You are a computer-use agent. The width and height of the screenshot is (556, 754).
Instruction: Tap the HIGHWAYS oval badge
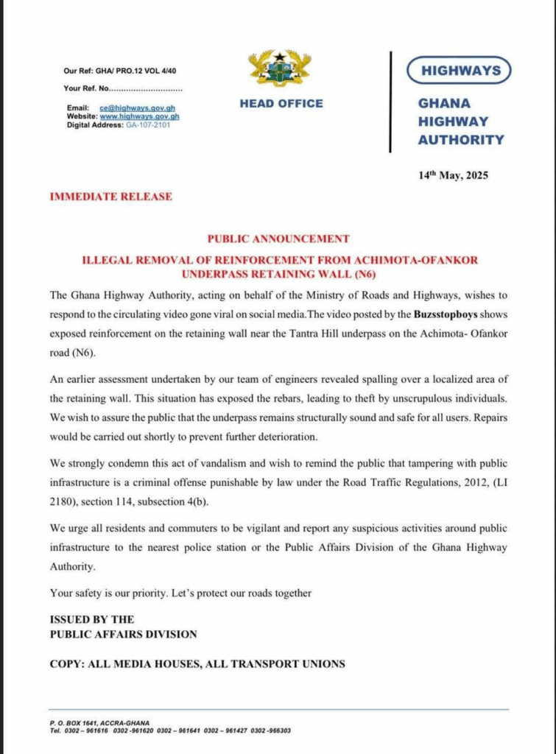pos(460,71)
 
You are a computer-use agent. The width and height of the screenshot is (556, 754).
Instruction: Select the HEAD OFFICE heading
pos(281,104)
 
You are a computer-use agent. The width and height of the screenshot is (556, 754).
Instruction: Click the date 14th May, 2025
pos(453,175)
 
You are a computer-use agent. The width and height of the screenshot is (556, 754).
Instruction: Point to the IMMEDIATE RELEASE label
pos(110,197)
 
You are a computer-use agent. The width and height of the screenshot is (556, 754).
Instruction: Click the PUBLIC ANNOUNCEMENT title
pos(278,239)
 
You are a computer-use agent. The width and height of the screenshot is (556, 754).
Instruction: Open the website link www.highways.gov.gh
pos(139,116)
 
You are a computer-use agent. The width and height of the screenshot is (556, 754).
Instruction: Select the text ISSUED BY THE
pos(92,619)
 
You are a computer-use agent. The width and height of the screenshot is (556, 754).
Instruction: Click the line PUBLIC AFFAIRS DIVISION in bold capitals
pos(123,634)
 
